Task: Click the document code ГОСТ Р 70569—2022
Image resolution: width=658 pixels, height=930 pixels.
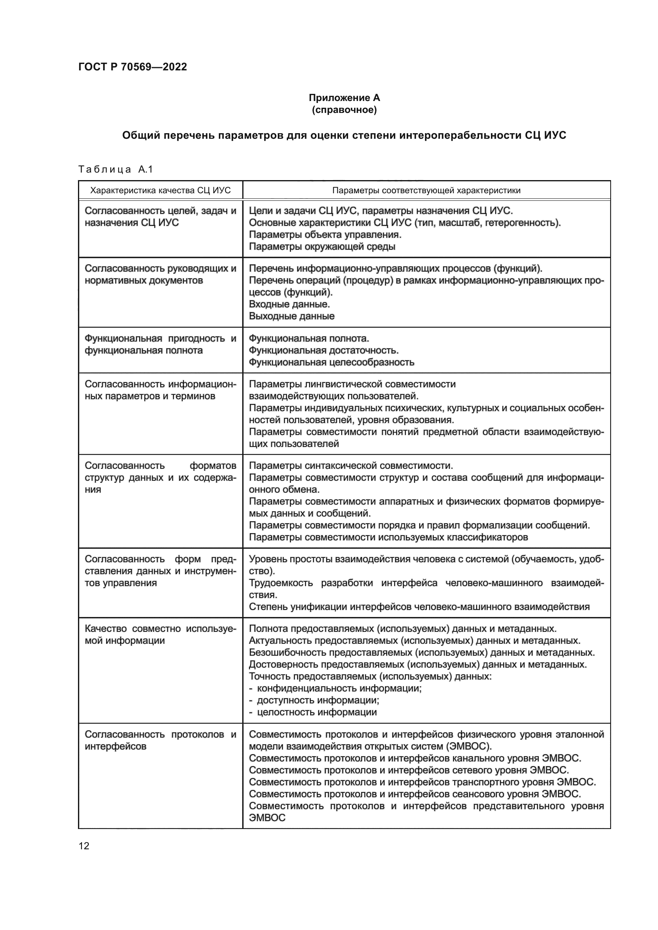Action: (x=132, y=67)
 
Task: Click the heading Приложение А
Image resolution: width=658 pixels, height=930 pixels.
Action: (x=344, y=98)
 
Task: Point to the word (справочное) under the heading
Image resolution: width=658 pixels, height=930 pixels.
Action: (x=344, y=110)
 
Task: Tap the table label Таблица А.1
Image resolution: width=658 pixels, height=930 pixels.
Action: (x=115, y=169)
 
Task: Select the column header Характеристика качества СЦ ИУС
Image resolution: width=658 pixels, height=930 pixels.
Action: (x=160, y=190)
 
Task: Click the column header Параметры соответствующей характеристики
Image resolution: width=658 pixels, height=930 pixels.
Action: (x=426, y=190)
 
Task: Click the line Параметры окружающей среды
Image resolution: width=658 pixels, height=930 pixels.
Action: (x=322, y=247)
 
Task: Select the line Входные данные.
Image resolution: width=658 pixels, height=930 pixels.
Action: (x=289, y=304)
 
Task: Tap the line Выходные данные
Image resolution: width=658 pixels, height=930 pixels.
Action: (x=292, y=316)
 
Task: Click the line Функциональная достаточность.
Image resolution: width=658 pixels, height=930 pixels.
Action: (x=323, y=350)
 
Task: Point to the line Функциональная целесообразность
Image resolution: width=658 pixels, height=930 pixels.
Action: (x=331, y=362)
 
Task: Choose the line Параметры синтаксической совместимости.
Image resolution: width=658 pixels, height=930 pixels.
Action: (x=351, y=466)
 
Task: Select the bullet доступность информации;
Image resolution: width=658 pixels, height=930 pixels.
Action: (x=318, y=700)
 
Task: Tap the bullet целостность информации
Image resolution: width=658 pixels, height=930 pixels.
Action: (x=317, y=712)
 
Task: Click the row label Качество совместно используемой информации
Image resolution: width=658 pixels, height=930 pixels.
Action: (x=160, y=635)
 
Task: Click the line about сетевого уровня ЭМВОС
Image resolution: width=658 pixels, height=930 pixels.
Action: (x=409, y=770)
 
